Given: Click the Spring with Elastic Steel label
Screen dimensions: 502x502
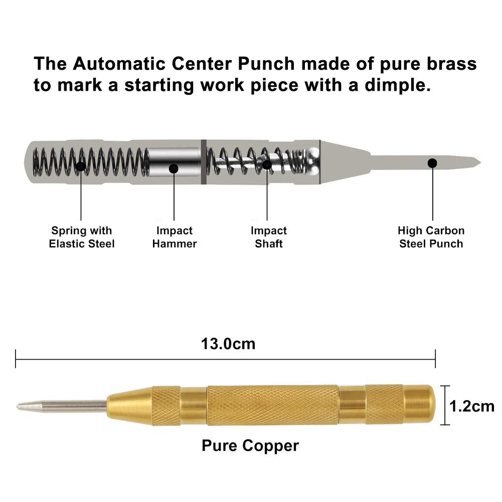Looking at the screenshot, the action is [x=82, y=237].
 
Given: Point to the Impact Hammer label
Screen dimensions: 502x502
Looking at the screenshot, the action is [x=174, y=237].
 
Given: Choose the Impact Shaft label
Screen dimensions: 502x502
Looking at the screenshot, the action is [x=269, y=237].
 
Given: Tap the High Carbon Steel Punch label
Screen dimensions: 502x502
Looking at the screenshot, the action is [x=431, y=237].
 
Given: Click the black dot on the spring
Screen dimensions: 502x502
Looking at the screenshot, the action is [x=81, y=166].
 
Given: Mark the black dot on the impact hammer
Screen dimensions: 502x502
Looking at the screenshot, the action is [x=174, y=169].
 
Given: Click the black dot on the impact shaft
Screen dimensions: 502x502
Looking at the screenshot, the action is [x=267, y=165].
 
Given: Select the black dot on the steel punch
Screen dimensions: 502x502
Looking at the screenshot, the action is [x=432, y=163].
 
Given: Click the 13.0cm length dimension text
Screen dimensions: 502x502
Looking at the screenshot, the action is [x=228, y=344].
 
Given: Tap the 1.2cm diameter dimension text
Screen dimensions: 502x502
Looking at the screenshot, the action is [x=472, y=406].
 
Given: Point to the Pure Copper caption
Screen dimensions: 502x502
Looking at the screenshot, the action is [x=250, y=446].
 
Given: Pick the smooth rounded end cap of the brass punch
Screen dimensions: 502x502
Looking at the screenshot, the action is [x=419, y=405].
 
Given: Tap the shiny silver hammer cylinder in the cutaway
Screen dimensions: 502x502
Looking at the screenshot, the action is [x=175, y=162].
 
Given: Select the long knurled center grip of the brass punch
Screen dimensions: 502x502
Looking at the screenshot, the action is [x=272, y=405].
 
